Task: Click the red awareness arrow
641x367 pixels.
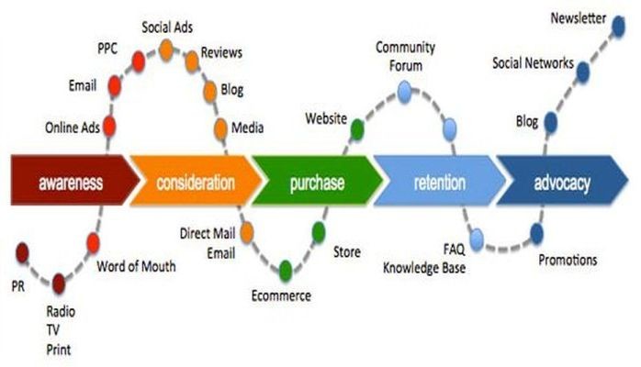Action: pos(70,182)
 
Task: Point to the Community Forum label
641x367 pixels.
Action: pos(405,57)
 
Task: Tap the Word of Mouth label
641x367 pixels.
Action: pos(136,268)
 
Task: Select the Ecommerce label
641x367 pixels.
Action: pos(281,295)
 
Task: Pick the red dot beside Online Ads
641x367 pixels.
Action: pos(108,127)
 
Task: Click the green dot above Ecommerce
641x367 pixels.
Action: pos(286,269)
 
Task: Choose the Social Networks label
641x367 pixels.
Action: pos(533,63)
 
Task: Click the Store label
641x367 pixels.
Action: pos(347,251)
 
